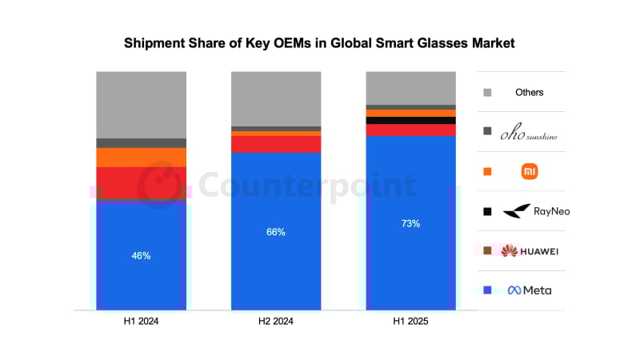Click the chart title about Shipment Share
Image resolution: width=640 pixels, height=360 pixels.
click(319, 43)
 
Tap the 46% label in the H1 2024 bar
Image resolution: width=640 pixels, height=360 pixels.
click(141, 256)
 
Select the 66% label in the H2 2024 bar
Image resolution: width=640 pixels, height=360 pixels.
click(276, 232)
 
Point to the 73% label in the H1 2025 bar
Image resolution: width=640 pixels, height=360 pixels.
click(410, 224)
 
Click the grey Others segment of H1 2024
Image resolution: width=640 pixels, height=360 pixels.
click(141, 104)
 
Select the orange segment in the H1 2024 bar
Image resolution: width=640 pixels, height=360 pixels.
click(141, 157)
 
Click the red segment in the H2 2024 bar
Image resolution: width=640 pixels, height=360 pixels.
click(276, 144)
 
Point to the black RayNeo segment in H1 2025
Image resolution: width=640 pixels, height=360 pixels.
click(410, 120)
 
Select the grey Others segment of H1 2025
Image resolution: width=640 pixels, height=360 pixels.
click(410, 87)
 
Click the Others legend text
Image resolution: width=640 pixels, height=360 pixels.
click(529, 92)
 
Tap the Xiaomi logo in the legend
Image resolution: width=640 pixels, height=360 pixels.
click(529, 171)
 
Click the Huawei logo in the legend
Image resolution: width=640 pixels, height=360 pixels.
click(509, 251)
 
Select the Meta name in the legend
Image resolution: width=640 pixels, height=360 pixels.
click(537, 290)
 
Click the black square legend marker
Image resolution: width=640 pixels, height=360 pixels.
click(487, 211)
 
